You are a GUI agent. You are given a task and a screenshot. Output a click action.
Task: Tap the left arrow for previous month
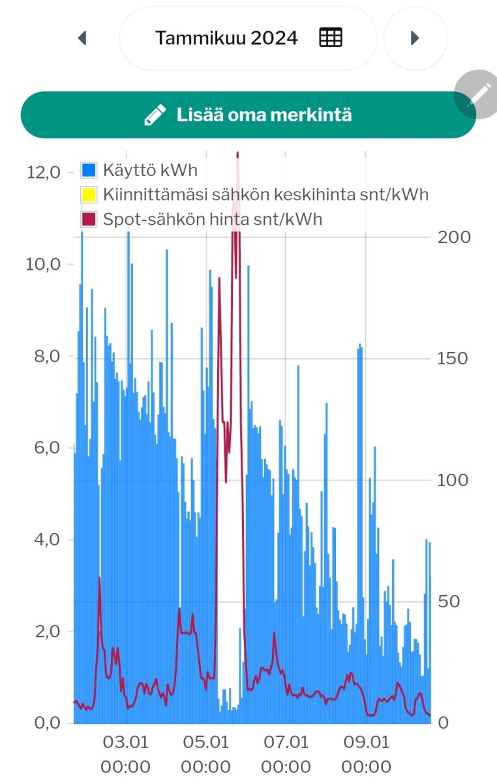(x=82, y=38)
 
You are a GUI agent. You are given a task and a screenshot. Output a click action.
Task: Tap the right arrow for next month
(x=415, y=38)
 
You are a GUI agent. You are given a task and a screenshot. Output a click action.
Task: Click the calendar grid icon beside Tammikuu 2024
(x=331, y=38)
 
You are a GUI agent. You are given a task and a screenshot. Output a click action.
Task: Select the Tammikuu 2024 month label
(x=226, y=38)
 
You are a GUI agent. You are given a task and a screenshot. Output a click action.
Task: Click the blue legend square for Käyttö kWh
(x=89, y=171)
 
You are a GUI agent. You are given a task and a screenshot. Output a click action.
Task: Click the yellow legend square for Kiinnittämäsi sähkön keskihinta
(x=89, y=195)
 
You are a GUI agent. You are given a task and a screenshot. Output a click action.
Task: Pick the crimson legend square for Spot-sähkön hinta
(x=89, y=219)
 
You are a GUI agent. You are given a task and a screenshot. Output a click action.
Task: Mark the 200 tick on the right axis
(x=455, y=237)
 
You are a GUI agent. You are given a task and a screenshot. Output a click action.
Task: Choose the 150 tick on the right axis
(x=455, y=358)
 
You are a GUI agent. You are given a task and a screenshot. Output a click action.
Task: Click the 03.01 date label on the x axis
(x=126, y=742)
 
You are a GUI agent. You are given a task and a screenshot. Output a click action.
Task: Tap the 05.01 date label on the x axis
(x=206, y=742)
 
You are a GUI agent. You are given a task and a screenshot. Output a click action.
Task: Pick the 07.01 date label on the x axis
(x=286, y=742)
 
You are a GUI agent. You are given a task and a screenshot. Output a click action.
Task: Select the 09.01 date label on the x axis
(x=366, y=742)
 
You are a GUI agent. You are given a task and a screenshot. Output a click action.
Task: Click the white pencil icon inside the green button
(x=155, y=115)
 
